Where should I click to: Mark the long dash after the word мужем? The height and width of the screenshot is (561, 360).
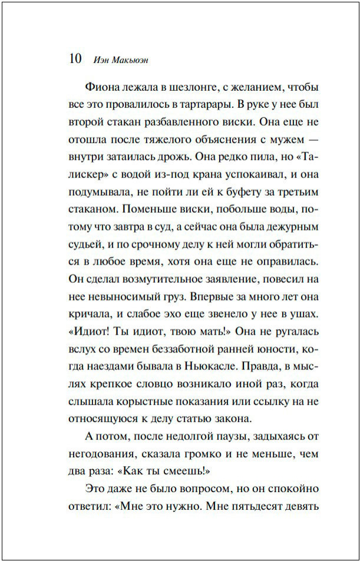[x=310, y=141]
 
